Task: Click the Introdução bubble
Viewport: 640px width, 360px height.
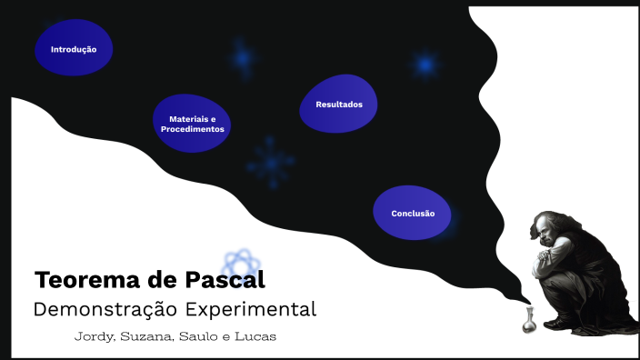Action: (74, 48)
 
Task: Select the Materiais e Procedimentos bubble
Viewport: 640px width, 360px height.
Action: (192, 124)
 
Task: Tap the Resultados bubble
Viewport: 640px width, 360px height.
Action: (338, 105)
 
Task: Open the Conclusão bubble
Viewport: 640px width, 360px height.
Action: (413, 213)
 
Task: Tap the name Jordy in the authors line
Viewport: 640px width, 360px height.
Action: (94, 337)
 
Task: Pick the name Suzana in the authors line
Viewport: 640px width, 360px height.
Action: (145, 337)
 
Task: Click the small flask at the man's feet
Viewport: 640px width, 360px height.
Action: (527, 322)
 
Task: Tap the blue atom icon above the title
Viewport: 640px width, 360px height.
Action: (240, 264)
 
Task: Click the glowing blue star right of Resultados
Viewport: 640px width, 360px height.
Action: (425, 65)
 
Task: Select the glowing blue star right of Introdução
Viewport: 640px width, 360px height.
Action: (241, 58)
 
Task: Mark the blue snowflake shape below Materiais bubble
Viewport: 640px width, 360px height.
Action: (270, 163)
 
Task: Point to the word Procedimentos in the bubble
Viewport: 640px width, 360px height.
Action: (192, 129)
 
